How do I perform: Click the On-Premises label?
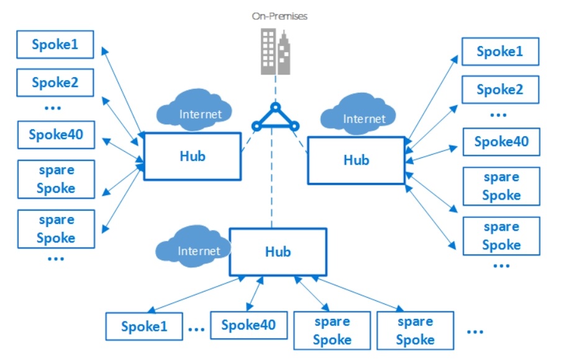click(x=280, y=16)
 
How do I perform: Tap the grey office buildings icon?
click(x=275, y=52)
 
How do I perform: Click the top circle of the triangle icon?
click(x=275, y=107)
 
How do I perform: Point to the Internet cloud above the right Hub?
click(x=358, y=114)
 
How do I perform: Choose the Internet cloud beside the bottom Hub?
click(x=193, y=247)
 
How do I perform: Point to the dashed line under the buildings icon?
click(x=276, y=88)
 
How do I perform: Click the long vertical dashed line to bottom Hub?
click(x=272, y=178)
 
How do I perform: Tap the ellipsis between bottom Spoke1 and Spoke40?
click(x=196, y=329)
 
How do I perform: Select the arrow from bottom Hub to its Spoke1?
click(x=196, y=294)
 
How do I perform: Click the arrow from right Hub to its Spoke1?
click(x=431, y=100)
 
